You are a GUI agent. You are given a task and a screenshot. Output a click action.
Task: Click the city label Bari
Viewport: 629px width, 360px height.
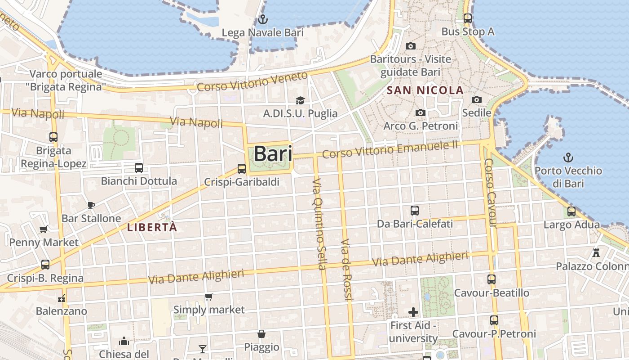[273, 154]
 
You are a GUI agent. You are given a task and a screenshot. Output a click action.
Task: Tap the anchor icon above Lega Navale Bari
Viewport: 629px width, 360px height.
[263, 19]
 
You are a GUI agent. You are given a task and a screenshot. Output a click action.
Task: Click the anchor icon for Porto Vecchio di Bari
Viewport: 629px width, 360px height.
[568, 157]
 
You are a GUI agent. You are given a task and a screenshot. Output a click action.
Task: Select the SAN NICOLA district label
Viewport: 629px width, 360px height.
[425, 90]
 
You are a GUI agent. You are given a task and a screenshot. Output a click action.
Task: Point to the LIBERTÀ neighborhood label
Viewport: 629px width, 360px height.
[152, 227]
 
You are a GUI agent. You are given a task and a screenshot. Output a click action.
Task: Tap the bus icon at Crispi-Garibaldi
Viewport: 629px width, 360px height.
[242, 169]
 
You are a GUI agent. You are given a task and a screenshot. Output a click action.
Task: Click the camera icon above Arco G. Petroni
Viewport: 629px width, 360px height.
[421, 112]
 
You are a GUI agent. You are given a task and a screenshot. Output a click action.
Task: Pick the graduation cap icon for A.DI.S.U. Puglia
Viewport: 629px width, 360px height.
[300, 100]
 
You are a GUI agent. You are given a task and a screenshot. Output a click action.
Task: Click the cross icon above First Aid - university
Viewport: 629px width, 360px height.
[413, 312]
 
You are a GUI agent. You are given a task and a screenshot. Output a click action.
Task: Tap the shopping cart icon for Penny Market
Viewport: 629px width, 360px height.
[44, 229]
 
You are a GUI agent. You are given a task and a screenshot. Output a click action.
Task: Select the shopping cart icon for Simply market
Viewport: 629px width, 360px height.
[208, 297]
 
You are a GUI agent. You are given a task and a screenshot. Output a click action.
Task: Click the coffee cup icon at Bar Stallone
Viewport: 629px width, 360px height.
[91, 206]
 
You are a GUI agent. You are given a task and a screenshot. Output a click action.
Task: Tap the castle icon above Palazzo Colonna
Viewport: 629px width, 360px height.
[596, 253]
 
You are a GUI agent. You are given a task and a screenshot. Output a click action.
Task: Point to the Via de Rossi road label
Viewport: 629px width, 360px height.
[346, 269]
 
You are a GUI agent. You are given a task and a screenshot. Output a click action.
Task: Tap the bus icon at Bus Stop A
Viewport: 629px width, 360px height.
[468, 18]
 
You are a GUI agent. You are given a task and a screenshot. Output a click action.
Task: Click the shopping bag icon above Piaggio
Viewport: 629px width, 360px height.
[261, 334]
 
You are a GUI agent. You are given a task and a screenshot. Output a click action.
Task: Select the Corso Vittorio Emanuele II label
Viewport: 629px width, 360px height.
[390, 149]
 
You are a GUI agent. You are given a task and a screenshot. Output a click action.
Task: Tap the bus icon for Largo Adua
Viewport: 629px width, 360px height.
[571, 211]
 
